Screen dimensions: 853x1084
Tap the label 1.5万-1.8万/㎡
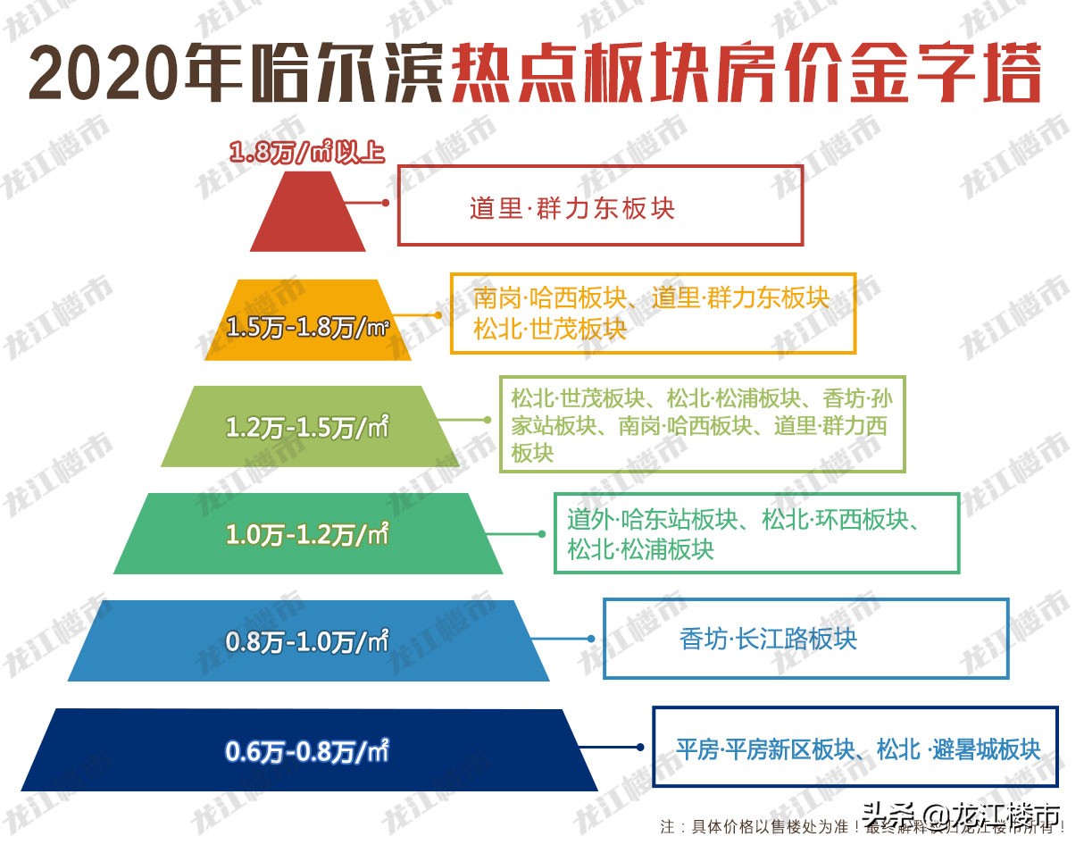tap(308, 328)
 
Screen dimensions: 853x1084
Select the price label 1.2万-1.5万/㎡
tap(308, 428)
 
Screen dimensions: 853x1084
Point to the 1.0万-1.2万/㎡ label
tap(308, 535)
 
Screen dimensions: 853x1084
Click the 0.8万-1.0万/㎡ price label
tap(308, 641)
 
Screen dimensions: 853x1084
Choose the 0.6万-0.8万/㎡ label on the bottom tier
tap(308, 751)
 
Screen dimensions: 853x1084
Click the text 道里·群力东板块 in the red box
tap(572, 209)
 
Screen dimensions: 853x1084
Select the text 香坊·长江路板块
tap(768, 640)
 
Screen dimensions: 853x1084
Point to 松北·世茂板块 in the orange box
tap(551, 329)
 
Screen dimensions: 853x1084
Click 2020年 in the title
tap(138, 74)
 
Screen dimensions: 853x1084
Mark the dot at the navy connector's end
tap(639, 748)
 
